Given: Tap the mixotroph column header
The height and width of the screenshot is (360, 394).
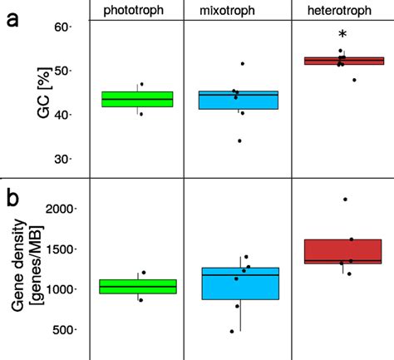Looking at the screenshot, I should pyautogui.click(x=233, y=9).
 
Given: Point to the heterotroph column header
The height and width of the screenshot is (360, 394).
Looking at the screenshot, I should pyautogui.click(x=341, y=9).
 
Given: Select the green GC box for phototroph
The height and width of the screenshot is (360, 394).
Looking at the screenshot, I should pyautogui.click(x=137, y=99).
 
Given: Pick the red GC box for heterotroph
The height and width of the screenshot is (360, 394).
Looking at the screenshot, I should pyautogui.click(x=343, y=61).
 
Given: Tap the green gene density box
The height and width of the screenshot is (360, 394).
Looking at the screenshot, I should pyautogui.click(x=137, y=287).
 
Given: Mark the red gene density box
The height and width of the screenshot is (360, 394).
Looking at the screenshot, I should pyautogui.click(x=343, y=251).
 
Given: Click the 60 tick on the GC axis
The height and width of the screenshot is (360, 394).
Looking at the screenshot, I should pyautogui.click(x=66, y=27).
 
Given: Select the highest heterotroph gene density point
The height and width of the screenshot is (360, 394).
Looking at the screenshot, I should pyautogui.click(x=345, y=200).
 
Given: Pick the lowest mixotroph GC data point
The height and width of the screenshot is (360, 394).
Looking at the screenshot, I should pyautogui.click(x=239, y=141).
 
